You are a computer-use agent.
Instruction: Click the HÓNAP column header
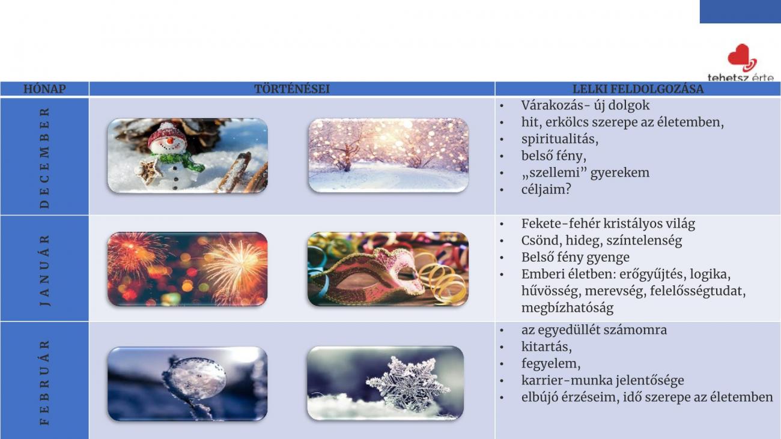[x=44, y=89]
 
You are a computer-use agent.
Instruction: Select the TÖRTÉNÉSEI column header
[x=292, y=89]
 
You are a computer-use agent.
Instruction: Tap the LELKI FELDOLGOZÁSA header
[x=637, y=89]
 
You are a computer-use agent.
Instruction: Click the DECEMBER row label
[x=44, y=158]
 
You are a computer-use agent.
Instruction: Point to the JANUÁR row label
[x=44, y=270]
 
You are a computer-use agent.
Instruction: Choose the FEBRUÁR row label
[x=44, y=383]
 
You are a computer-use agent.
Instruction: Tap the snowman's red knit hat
[x=166, y=135]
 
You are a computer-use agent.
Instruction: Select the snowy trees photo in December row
[x=388, y=156]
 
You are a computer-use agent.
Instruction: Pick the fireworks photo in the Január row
[x=187, y=269]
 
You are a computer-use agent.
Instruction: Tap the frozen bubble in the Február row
[x=194, y=378]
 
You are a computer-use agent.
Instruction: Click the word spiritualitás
[x=559, y=139]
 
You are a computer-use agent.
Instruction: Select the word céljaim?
[x=546, y=190]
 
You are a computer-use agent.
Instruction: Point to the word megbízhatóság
[x=567, y=307]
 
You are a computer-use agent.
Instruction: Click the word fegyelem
[x=551, y=363]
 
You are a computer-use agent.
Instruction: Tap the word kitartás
[x=546, y=347]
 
